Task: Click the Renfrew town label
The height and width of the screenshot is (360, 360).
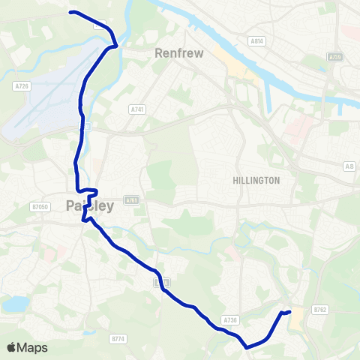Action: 175,53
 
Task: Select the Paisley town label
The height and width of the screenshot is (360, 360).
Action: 89,205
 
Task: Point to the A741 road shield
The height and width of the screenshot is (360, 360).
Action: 136,109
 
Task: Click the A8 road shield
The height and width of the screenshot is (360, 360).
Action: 349,166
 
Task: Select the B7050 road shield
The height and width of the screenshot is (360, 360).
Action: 40,206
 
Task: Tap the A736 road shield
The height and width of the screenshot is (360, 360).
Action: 229,320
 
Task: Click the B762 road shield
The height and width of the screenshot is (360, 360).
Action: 321,309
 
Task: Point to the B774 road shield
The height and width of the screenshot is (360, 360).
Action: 117,340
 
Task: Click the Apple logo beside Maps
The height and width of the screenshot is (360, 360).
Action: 11,347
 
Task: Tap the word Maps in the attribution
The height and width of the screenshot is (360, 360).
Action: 31,347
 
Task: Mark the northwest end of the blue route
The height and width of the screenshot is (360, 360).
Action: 71,12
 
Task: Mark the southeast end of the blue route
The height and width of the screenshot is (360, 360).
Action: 289,311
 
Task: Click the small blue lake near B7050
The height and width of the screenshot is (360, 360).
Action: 14,304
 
